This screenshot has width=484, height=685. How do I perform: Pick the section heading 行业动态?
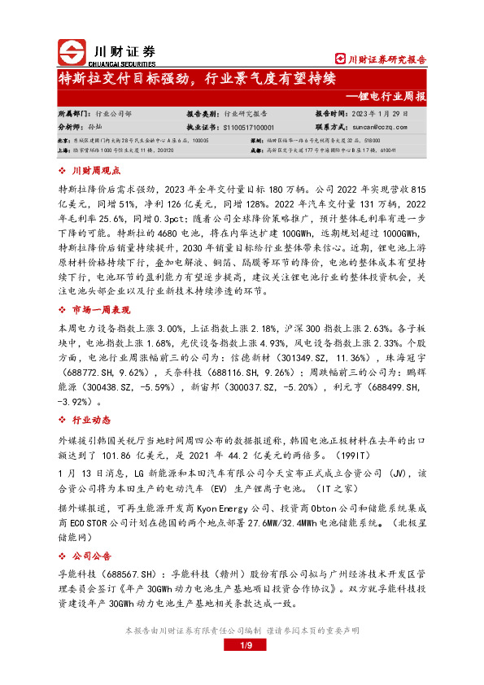pyautogui.click(x=91, y=419)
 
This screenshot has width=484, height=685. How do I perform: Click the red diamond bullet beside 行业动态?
pyautogui.click(x=64, y=419)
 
